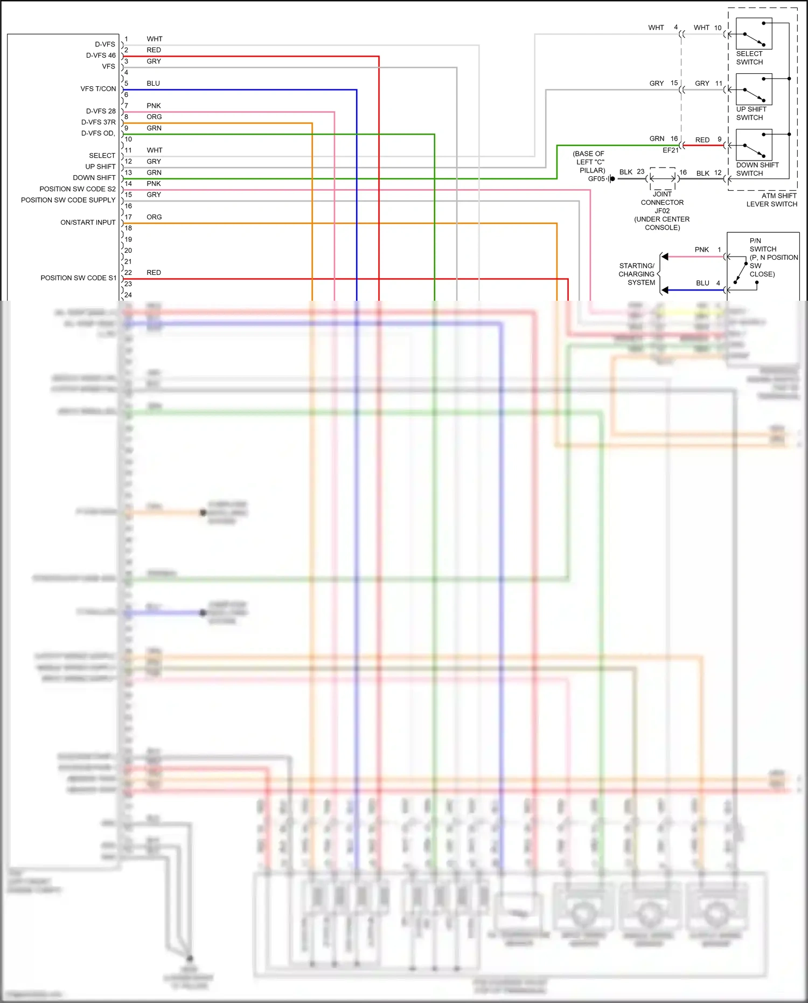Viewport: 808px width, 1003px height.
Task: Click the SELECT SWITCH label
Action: (x=749, y=58)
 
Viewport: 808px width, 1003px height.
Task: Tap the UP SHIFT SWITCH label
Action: (x=750, y=113)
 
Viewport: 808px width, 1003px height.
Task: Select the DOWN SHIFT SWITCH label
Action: (x=757, y=169)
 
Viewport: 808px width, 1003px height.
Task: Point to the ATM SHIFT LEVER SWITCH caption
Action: (x=771, y=200)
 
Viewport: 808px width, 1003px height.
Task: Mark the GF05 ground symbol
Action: (x=611, y=179)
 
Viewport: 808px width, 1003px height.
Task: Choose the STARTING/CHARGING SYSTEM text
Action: (x=637, y=274)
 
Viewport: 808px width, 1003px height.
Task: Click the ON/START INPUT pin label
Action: (x=88, y=223)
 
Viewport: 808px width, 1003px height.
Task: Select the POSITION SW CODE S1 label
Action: (x=78, y=278)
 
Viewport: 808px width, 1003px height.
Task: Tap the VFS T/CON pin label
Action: (x=98, y=89)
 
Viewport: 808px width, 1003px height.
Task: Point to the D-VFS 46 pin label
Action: (x=101, y=56)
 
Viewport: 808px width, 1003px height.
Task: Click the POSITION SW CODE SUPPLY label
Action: (x=68, y=200)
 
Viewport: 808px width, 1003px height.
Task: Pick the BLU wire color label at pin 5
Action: (x=153, y=84)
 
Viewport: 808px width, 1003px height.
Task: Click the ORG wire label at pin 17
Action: (x=154, y=217)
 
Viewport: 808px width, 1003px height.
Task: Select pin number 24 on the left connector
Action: (x=128, y=295)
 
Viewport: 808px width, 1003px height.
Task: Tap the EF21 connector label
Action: (x=671, y=150)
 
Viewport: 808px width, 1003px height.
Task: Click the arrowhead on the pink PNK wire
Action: (x=665, y=257)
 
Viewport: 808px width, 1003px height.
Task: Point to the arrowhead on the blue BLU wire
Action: (x=665, y=290)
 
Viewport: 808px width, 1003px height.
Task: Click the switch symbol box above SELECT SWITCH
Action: (x=754, y=34)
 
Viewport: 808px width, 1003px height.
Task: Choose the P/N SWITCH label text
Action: (x=762, y=245)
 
